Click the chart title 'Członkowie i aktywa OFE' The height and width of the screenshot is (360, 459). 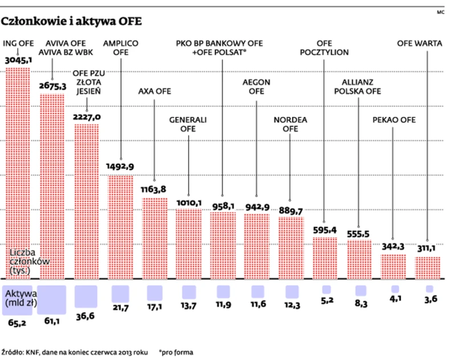point(72,22)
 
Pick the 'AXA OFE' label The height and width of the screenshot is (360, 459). point(155,91)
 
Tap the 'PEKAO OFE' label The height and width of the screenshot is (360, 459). point(394,120)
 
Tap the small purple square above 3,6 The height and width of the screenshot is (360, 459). point(428,289)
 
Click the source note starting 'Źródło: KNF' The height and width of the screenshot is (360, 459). point(74,352)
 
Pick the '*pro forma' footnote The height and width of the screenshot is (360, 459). point(176,352)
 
